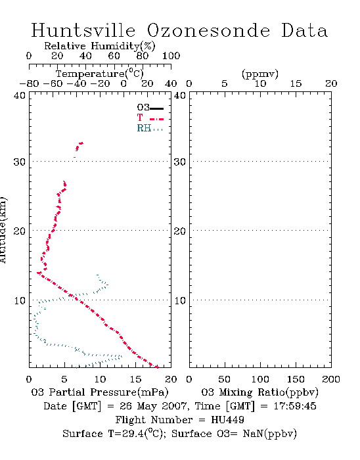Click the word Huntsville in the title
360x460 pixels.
coord(83,30)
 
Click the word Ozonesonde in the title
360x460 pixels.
coord(208,30)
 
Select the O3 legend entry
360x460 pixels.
coord(150,108)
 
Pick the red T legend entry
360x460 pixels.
coord(150,118)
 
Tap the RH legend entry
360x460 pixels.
coord(150,129)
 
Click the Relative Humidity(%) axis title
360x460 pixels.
coord(100,46)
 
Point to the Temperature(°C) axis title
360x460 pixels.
coord(100,74)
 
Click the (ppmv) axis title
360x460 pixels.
coord(260,74)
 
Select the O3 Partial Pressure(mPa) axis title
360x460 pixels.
coord(100,392)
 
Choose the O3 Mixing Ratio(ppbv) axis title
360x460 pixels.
coord(259,392)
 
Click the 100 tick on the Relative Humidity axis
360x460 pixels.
coord(171,56)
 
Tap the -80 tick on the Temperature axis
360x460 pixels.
coord(29,83)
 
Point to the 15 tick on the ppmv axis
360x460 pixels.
coord(296,83)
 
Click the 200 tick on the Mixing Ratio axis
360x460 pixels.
coord(331,379)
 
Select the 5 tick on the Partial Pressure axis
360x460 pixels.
coord(64,379)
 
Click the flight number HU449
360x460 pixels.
coord(227,420)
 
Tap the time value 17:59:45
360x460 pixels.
coord(295,406)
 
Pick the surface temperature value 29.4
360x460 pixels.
coord(132,434)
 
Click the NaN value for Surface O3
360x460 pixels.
coord(254,434)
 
